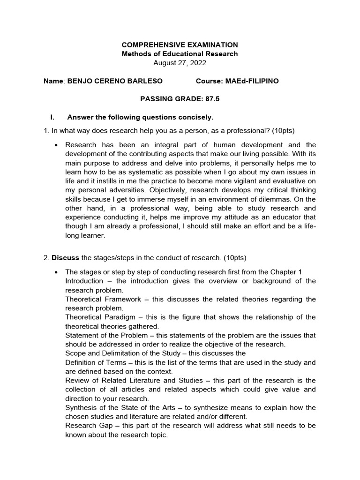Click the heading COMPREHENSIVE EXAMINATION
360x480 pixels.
point(180,45)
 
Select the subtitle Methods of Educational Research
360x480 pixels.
point(180,54)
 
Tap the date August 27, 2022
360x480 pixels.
point(180,63)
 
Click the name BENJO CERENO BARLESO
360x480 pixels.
point(115,81)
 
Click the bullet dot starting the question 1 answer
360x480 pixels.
point(56,145)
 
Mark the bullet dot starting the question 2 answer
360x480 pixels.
point(56,272)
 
